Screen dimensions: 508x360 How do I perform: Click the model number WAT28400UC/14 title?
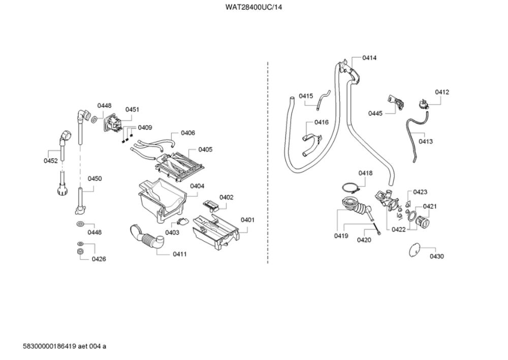point(253,7)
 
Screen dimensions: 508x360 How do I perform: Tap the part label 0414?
point(369,58)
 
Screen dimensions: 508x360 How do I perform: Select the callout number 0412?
point(442,92)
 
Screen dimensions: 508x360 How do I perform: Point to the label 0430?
point(437,256)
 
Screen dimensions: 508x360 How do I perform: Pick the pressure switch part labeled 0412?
point(423,104)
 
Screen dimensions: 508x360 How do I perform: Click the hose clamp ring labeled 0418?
point(352,188)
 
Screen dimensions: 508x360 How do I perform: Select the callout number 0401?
point(247,220)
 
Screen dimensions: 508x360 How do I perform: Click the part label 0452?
point(50,161)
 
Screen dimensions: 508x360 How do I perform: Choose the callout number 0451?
point(132,109)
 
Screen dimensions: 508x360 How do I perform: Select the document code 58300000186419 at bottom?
point(50,346)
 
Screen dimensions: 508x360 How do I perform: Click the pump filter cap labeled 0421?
point(423,222)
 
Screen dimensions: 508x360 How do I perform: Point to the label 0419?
point(341,236)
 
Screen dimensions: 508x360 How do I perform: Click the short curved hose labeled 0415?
point(323,100)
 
